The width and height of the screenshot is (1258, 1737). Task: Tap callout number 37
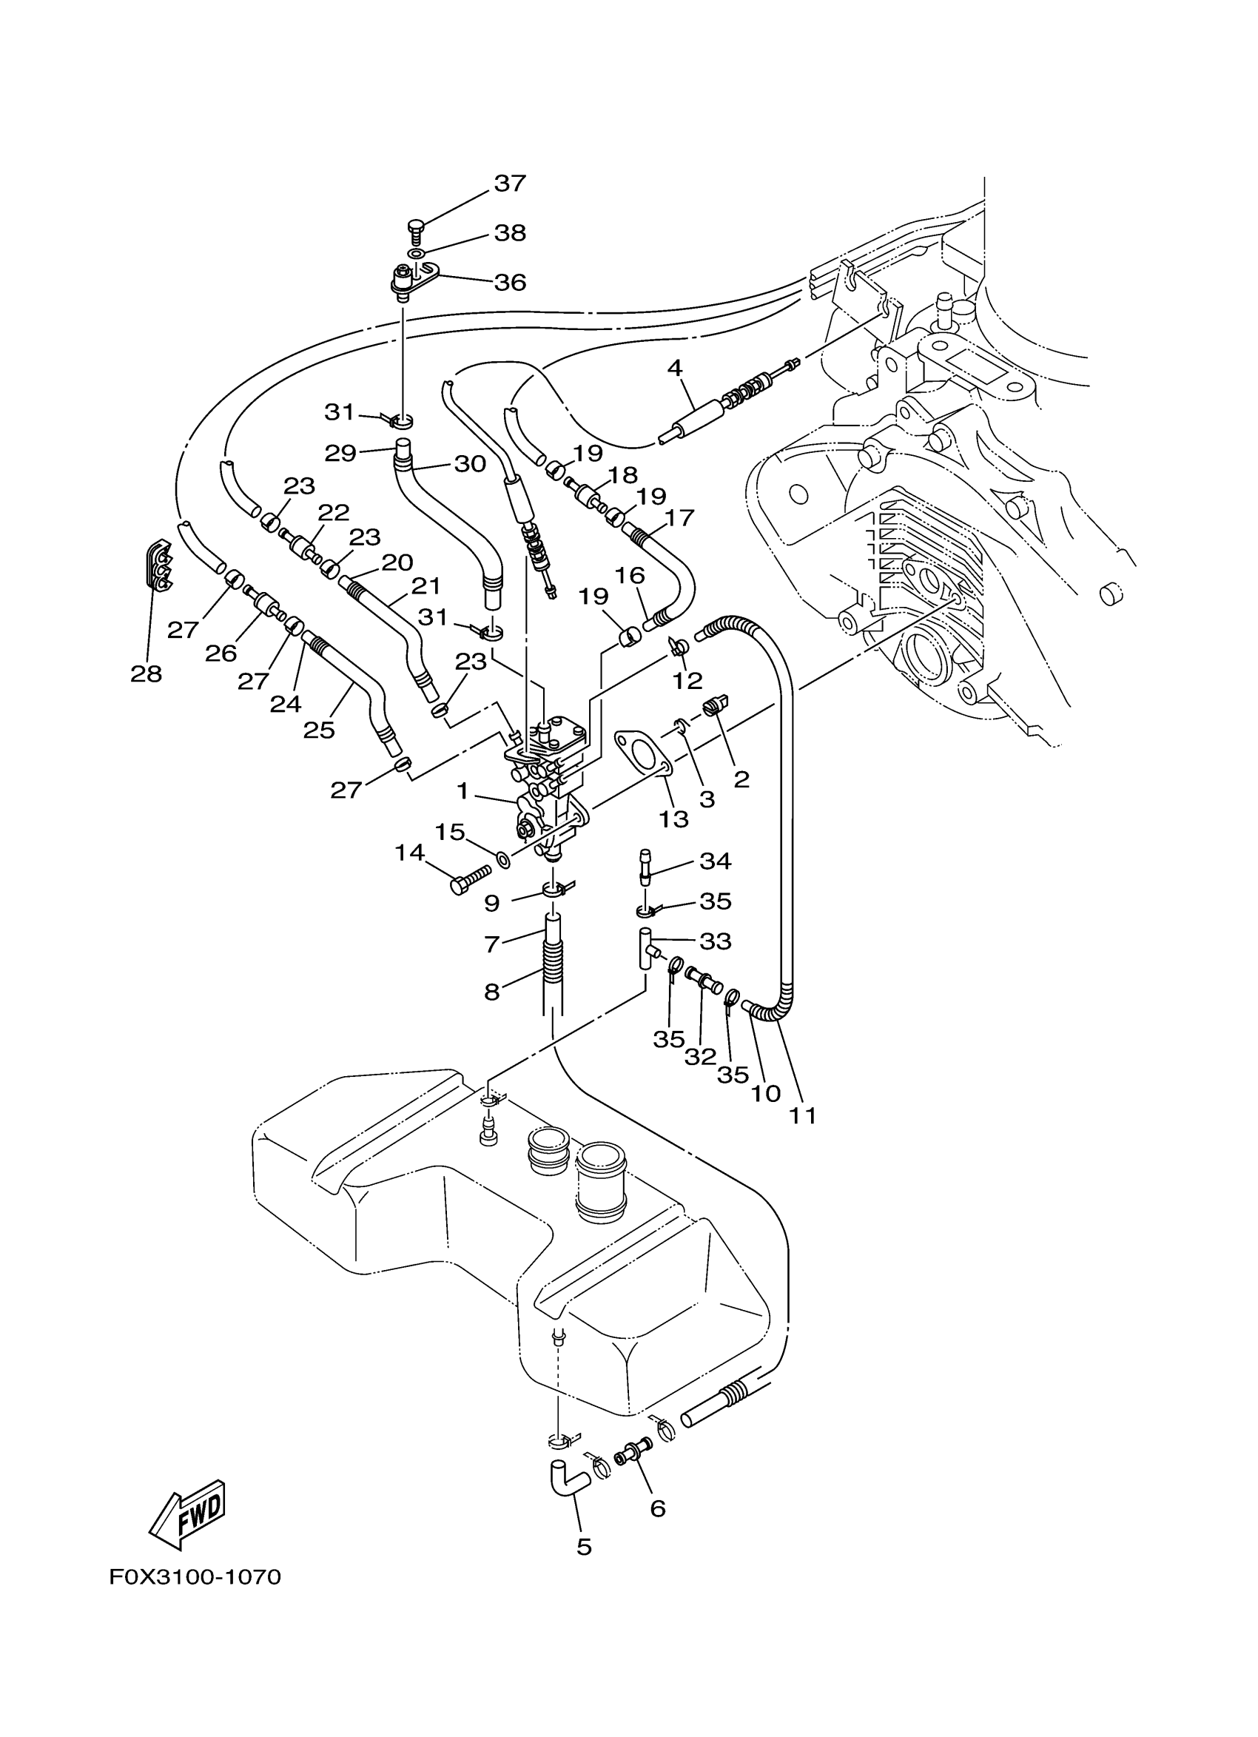[510, 183]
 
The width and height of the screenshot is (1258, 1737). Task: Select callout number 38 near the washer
[510, 232]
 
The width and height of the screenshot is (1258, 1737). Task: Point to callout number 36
[510, 283]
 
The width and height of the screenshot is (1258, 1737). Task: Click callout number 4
[674, 368]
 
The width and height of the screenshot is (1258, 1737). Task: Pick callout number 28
[147, 673]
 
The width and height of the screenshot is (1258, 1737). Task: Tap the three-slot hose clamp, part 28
[157, 567]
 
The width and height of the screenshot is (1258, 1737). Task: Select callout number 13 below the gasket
[675, 819]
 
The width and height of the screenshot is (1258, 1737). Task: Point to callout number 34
[716, 861]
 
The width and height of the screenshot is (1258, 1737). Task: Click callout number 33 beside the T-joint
[716, 941]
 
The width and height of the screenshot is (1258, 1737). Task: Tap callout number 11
[803, 1116]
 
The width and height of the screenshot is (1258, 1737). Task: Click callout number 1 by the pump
[462, 790]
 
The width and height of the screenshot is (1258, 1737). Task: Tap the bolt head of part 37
[415, 225]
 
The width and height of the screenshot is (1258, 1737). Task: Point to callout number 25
[319, 730]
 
